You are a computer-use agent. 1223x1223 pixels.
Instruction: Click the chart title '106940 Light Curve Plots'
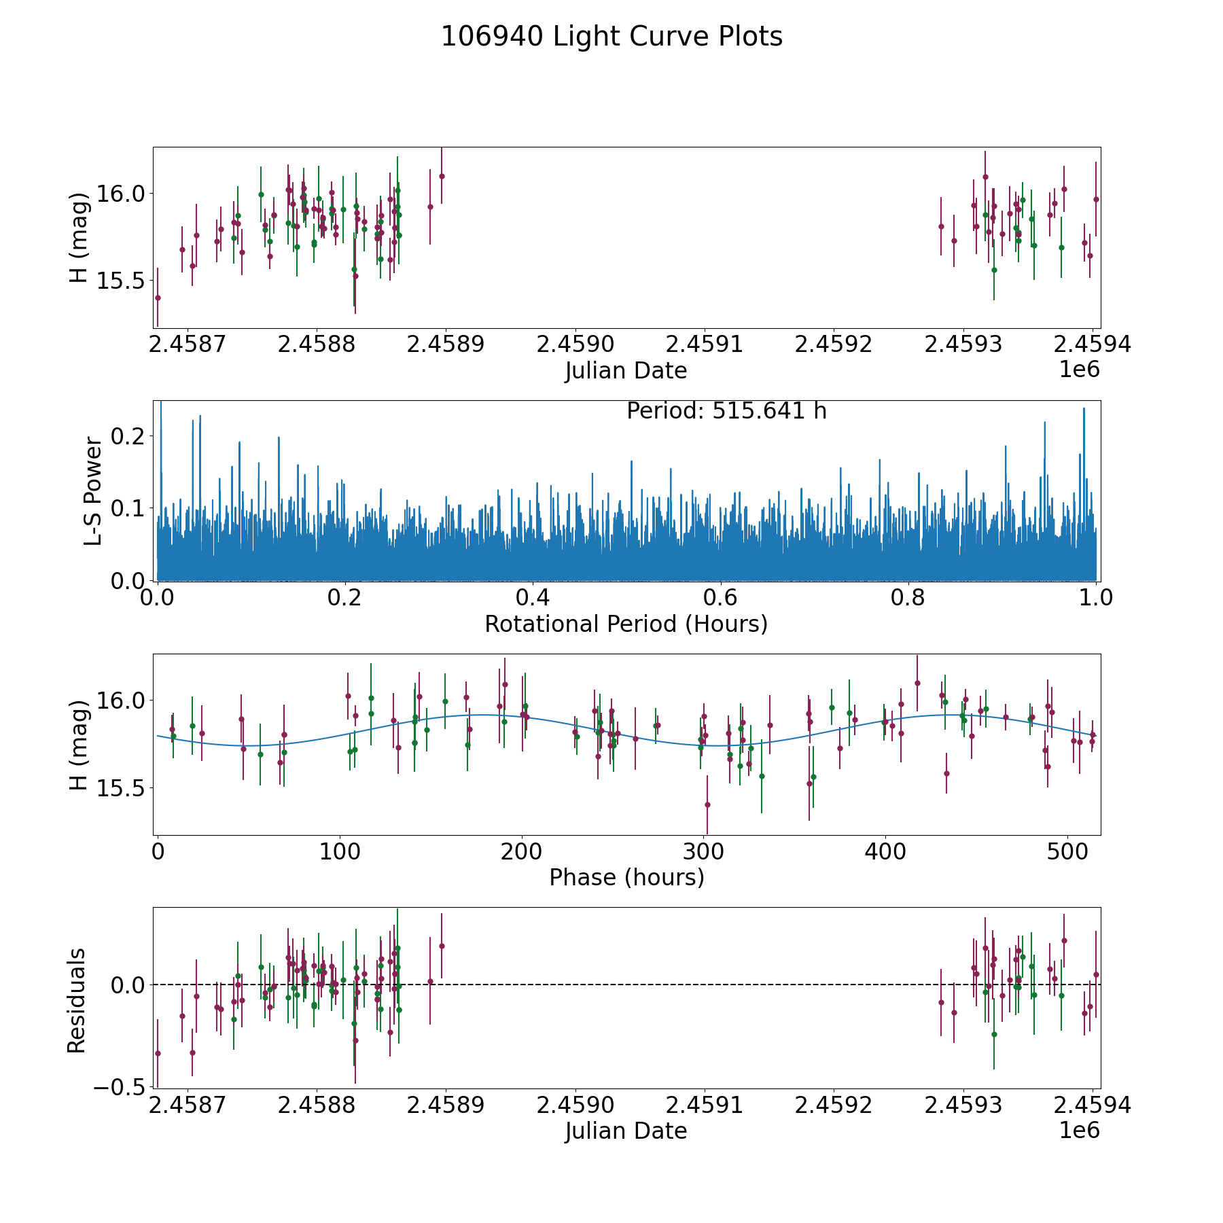(611, 37)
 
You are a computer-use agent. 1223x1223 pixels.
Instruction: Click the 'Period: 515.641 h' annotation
(726, 411)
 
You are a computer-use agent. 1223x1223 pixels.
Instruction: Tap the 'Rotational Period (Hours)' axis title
(626, 624)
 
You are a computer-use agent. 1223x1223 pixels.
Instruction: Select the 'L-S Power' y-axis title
(93, 491)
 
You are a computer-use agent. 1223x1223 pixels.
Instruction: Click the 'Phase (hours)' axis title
(626, 877)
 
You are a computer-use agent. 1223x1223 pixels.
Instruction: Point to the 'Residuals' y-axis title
(77, 1000)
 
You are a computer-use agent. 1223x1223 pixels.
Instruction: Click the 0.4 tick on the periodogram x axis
(533, 598)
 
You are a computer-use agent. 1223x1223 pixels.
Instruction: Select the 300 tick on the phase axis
(703, 851)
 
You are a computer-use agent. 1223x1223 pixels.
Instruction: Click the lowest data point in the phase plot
(707, 804)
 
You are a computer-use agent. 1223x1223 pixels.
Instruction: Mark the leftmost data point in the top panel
(158, 298)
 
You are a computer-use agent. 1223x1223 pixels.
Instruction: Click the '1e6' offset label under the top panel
(1079, 370)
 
